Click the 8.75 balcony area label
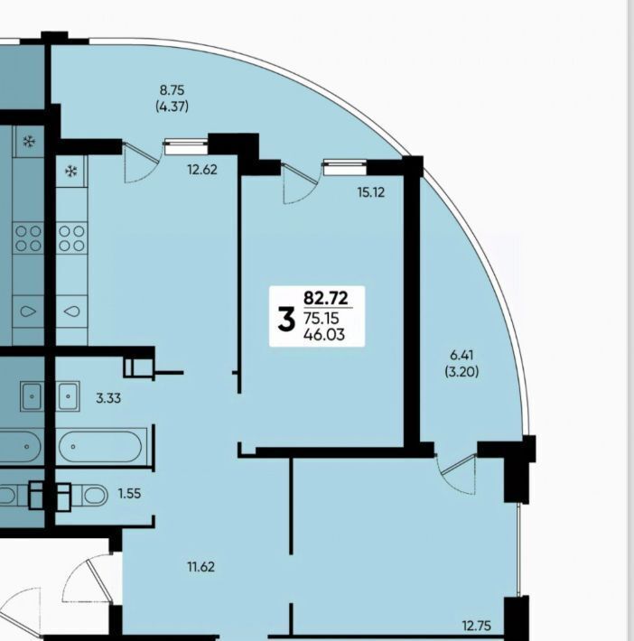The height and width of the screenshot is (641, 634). [x=172, y=89]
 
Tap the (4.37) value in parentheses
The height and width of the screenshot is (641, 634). [x=172, y=107]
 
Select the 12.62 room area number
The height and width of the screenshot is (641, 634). [x=202, y=169]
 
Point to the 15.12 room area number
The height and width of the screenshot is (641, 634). [x=371, y=192]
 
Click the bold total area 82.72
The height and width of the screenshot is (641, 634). [x=326, y=298]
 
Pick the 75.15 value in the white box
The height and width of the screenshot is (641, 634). [x=322, y=318]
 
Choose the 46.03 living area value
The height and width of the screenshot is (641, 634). [x=324, y=334]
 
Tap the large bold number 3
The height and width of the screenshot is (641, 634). [x=286, y=320]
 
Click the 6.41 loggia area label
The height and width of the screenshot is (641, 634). [x=462, y=355]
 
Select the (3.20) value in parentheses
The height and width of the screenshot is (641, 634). [x=462, y=372]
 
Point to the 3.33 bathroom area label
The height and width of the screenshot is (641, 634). [x=108, y=398]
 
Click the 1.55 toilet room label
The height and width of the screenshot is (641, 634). [x=129, y=494]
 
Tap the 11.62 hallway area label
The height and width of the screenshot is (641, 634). [x=200, y=567]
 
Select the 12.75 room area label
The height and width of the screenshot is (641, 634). [x=477, y=626]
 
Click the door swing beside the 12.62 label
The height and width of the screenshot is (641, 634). [x=140, y=162]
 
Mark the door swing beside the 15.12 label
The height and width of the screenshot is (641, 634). [x=299, y=182]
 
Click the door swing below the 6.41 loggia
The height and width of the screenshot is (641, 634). [x=456, y=474]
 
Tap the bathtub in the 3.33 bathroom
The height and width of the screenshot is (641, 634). [x=100, y=447]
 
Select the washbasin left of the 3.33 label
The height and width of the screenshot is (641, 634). [x=68, y=396]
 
